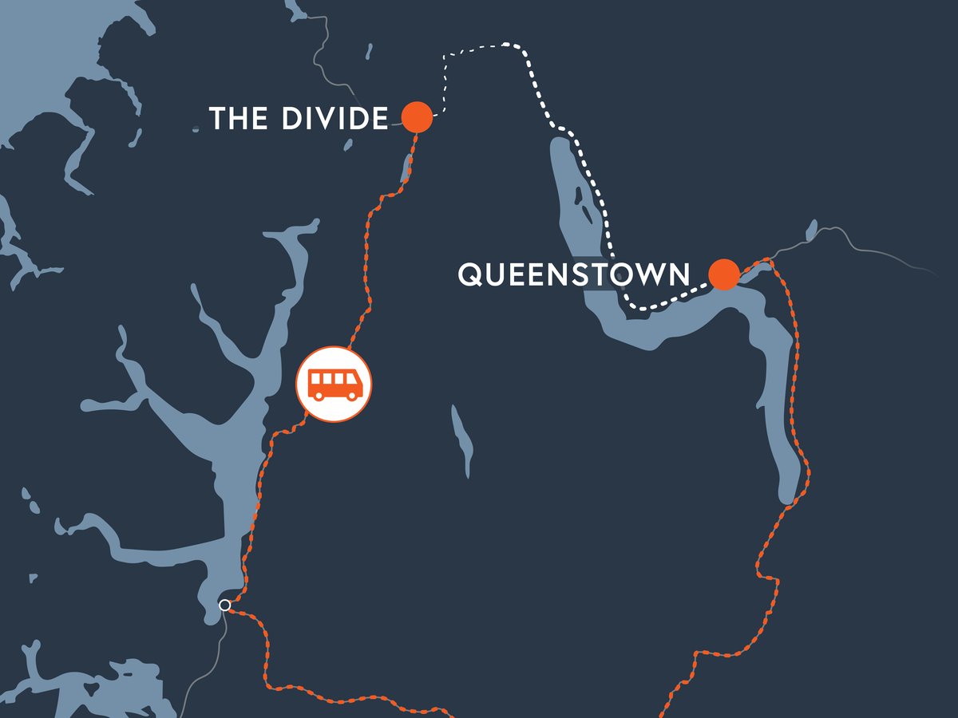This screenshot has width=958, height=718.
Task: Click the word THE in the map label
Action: [237, 119]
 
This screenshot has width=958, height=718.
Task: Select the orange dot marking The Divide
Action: [417, 117]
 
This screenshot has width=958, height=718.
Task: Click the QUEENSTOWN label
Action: [573, 274]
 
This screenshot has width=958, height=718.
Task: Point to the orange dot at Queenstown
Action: [724, 274]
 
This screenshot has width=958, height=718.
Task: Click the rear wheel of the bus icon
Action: [317, 395]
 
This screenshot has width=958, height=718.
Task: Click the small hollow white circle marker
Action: [225, 605]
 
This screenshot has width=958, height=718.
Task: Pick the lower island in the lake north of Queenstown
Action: [588, 214]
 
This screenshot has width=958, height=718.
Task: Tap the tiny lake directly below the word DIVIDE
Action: [347, 146]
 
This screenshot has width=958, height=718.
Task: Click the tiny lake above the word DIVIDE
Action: [369, 52]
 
